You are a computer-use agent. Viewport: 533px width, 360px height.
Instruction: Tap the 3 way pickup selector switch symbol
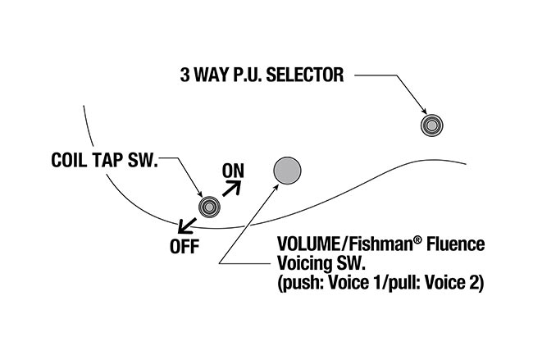(x=430, y=125)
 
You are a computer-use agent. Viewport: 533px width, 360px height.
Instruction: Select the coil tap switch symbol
(x=209, y=207)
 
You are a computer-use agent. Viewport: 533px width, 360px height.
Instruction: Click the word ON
(x=234, y=171)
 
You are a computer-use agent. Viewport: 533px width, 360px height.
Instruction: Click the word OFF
(x=184, y=245)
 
